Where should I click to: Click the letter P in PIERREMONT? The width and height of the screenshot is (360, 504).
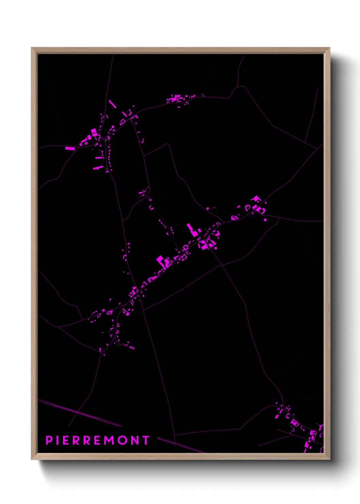point(49,440)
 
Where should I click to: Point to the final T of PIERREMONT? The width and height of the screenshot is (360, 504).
point(146,440)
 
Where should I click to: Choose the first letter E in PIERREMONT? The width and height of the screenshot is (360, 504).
point(66,440)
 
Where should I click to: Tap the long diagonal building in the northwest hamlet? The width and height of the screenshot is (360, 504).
point(112,104)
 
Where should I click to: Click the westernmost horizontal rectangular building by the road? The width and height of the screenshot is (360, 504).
point(70,148)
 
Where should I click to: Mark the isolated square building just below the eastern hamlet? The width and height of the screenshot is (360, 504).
point(265,220)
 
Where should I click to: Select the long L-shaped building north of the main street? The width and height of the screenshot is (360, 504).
point(193,230)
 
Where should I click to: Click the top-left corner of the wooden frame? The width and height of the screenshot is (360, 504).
point(32,48)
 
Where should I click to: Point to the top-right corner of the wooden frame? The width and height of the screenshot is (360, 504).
point(329,48)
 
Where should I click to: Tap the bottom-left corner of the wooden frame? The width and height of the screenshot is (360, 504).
point(32,459)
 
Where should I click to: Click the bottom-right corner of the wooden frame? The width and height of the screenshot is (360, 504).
point(329,459)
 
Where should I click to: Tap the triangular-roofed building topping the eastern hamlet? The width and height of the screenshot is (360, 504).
point(256,199)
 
